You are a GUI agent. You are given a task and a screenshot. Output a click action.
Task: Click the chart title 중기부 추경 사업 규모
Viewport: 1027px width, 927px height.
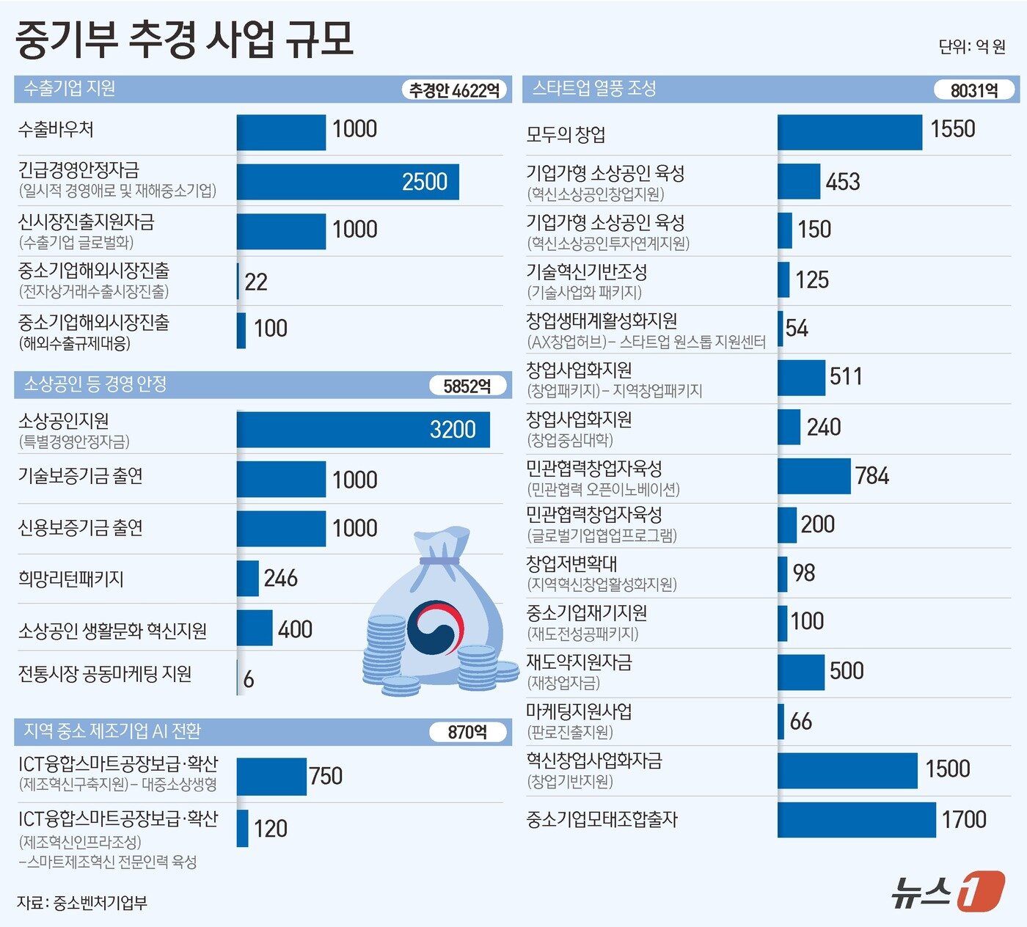[x=184, y=39]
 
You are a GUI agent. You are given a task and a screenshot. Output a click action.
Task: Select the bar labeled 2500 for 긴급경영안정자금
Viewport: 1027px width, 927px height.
[x=347, y=181]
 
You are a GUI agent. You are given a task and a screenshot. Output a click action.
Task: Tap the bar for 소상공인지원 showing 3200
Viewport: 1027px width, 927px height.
[x=362, y=429]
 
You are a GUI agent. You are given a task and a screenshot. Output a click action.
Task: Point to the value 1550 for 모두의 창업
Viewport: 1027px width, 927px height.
[x=952, y=129]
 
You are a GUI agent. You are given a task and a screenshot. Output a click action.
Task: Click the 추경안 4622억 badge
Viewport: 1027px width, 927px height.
[x=454, y=90]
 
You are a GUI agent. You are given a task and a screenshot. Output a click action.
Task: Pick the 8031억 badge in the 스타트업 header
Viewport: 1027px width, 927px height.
[x=973, y=90]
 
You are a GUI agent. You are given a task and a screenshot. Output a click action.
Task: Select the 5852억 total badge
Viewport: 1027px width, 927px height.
[x=467, y=386]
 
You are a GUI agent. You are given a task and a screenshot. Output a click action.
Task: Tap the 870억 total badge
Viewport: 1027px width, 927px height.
[x=467, y=732]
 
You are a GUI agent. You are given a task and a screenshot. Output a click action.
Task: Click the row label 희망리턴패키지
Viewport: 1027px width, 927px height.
[x=71, y=579]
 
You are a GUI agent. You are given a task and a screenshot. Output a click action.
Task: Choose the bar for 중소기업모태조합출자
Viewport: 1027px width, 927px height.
[x=856, y=819]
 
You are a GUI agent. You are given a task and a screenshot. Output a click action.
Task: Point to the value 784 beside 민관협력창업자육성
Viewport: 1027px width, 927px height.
[x=871, y=476]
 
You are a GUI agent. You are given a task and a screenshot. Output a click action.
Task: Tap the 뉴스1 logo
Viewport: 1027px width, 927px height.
[x=947, y=891]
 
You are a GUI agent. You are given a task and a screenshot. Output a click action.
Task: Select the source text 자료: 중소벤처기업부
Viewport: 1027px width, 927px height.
[x=82, y=903]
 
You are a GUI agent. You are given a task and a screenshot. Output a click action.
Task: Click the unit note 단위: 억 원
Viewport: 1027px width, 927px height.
[x=972, y=47]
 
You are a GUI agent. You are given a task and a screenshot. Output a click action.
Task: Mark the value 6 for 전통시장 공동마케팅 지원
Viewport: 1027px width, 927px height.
[x=249, y=679]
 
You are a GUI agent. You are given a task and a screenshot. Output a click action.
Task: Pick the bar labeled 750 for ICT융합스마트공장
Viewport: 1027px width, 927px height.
[x=271, y=776]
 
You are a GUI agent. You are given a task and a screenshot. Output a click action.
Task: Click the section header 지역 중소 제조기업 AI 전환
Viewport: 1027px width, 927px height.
[x=112, y=731]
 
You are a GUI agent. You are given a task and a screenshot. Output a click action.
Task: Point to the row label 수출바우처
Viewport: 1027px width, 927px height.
[x=56, y=130]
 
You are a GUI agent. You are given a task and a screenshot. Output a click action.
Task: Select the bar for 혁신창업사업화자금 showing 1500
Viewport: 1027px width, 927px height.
[x=847, y=770]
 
